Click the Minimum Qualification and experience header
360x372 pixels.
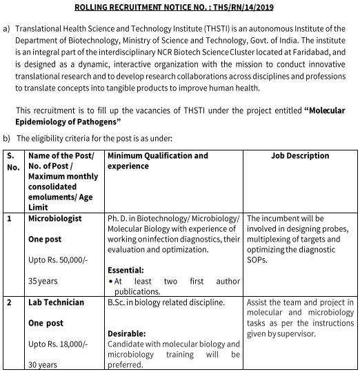pyautogui.click(x=157, y=161)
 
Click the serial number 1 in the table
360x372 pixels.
pyautogui.click(x=9, y=218)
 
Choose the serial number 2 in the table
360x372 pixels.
pyautogui.click(x=9, y=302)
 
